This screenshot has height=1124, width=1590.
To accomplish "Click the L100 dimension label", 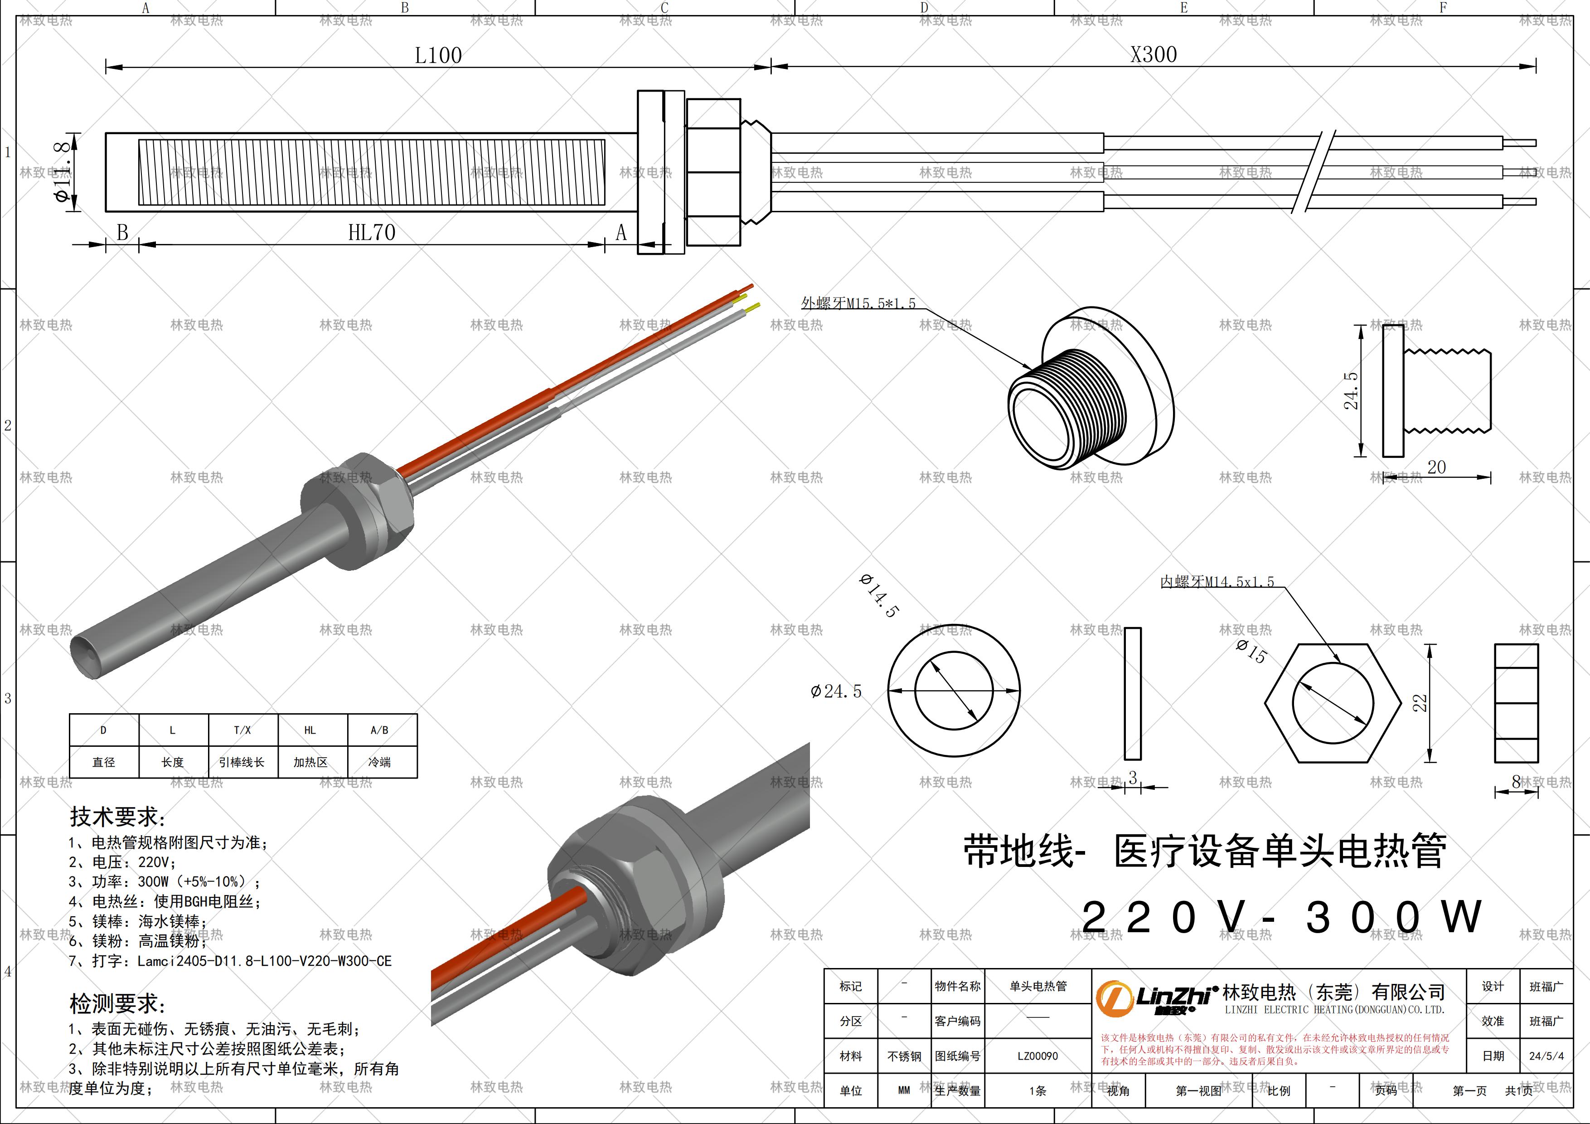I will tap(438, 55).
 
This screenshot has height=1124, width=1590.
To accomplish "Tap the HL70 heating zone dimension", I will tap(371, 233).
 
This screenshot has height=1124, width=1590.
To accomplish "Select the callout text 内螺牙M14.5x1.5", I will tap(1217, 582).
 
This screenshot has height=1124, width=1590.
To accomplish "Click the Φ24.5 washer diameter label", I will tap(837, 691).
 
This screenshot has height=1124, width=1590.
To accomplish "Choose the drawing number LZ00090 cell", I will tap(1037, 1056).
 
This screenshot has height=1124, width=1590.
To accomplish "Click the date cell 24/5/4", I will tap(1546, 1056).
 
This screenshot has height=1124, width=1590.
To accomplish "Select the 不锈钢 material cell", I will tap(904, 1056).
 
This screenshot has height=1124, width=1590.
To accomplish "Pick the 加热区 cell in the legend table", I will tap(310, 762).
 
